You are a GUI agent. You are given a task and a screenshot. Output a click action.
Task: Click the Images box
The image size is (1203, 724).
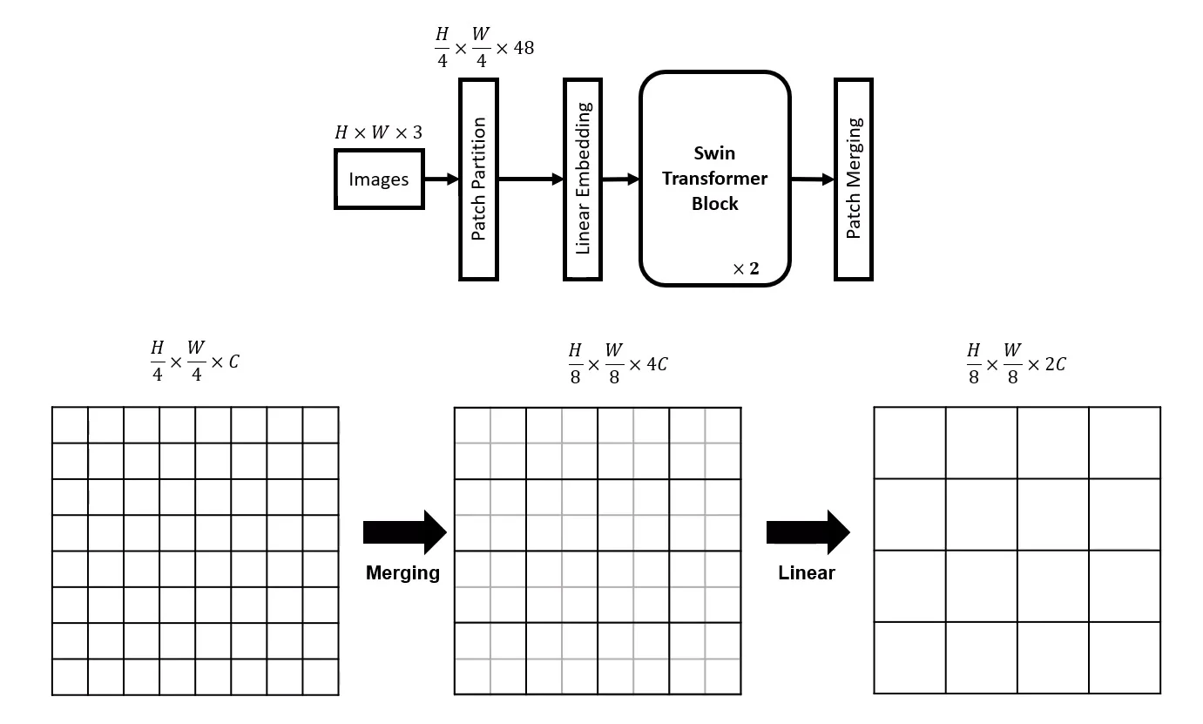(x=379, y=179)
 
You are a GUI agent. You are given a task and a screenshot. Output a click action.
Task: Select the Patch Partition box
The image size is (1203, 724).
(x=478, y=179)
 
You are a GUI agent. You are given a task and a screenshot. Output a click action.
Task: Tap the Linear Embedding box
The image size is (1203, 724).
(x=583, y=179)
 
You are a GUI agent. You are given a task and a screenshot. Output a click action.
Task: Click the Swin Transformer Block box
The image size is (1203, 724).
(x=715, y=179)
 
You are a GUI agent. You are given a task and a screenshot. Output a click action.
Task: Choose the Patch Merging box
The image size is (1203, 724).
(x=854, y=179)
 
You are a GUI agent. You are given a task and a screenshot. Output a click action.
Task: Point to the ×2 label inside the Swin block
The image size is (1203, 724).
(x=746, y=268)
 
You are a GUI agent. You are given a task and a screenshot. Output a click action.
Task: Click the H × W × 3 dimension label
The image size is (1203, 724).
(x=378, y=132)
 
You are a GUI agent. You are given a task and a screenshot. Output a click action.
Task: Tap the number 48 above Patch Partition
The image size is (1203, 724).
(x=524, y=47)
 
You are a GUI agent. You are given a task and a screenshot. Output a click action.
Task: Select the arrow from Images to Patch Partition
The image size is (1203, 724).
(x=442, y=179)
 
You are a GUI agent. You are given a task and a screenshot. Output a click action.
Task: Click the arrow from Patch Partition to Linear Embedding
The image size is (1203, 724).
(x=531, y=179)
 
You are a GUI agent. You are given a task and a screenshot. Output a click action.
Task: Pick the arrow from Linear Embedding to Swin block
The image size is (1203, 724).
(x=620, y=179)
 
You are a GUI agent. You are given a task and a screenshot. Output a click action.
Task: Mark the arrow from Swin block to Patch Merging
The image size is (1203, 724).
(x=812, y=179)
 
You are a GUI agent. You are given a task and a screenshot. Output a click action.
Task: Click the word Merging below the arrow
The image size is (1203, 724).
(x=402, y=572)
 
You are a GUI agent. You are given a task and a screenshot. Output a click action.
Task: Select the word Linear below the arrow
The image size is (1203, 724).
(x=807, y=572)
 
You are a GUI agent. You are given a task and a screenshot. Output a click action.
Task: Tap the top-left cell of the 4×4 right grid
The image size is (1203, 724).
(x=909, y=443)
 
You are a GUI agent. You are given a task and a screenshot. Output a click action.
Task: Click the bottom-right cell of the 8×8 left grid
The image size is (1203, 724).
(x=321, y=677)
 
